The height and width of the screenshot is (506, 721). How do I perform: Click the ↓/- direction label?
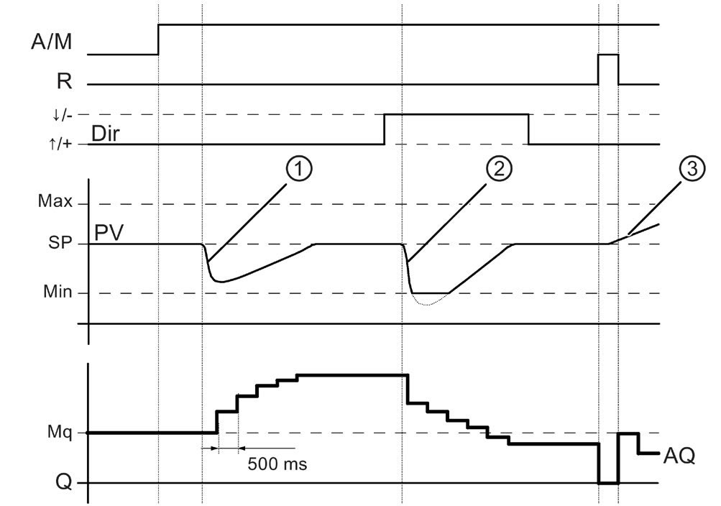click(61, 114)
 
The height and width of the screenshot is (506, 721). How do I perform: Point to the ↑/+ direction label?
click(61, 144)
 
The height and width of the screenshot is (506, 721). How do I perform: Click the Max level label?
click(55, 202)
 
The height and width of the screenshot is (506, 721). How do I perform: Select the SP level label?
click(60, 243)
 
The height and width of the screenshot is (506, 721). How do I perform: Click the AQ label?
click(678, 456)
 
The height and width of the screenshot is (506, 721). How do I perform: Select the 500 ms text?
click(277, 464)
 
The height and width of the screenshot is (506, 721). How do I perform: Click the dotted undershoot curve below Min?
click(427, 305)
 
